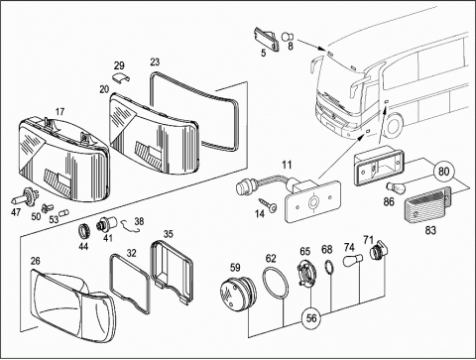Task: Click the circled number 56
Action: [311, 318]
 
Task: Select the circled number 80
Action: [443, 172]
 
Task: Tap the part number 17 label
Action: [59, 112]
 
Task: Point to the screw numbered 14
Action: [269, 204]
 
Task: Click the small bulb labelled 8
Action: [287, 37]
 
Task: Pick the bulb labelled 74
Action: [353, 261]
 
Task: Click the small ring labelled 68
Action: [329, 267]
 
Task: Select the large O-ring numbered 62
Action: [276, 284]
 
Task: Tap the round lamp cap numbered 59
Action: [238, 293]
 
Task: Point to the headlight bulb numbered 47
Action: [25, 197]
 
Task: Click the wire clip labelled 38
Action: [130, 226]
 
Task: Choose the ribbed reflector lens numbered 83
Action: [427, 205]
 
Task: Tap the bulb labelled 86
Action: [395, 189]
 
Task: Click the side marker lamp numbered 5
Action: [266, 39]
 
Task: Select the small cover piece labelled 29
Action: [121, 77]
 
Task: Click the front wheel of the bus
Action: [394, 126]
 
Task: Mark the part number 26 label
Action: [36, 261]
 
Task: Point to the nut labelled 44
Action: [83, 231]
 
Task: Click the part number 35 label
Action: [169, 234]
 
